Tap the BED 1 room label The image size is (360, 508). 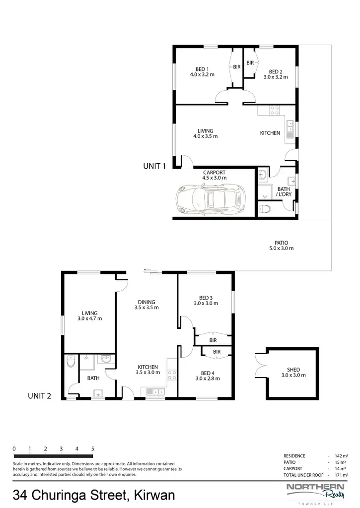pos(202,72)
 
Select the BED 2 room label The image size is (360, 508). pos(276,74)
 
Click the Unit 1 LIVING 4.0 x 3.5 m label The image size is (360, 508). pos(205,133)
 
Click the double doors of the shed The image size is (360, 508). pos(260,366)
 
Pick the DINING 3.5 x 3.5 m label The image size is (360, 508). pos(146,305)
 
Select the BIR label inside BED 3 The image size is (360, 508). pos(213,340)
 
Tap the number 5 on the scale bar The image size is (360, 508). pos(93,448)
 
